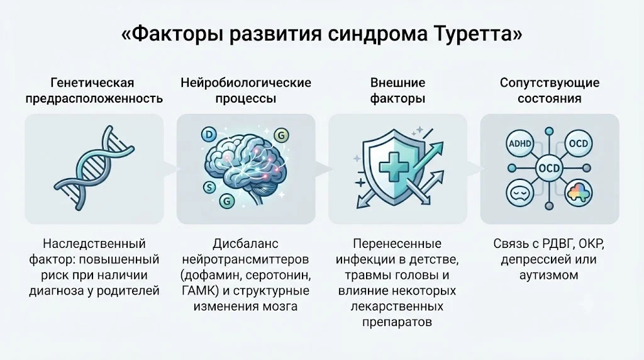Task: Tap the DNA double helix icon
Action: (94, 169)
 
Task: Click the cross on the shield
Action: (394, 166)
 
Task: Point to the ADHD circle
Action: (520, 144)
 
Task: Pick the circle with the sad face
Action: (519, 193)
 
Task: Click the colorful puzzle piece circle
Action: (579, 193)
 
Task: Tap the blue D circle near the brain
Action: (209, 135)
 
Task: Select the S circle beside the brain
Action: (209, 188)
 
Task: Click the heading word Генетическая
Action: (92, 82)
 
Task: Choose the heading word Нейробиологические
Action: (246, 82)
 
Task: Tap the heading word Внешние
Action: (397, 82)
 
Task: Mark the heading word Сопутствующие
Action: (550, 82)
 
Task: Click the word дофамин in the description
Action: (206, 275)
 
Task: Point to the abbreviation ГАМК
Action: (199, 291)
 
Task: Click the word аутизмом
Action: (548, 275)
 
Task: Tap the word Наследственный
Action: (94, 244)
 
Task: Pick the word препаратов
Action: (397, 322)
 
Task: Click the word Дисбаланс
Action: (246, 244)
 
